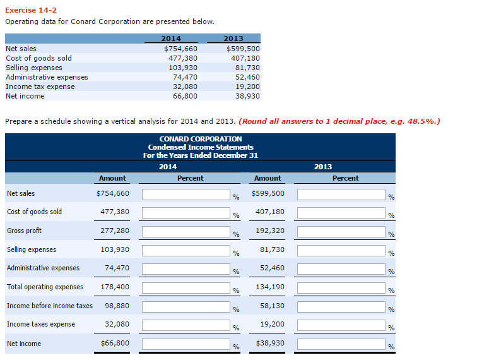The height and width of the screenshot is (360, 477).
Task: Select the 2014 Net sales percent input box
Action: [185, 195]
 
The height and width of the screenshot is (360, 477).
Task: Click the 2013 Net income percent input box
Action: [341, 344]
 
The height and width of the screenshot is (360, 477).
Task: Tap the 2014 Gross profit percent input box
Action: [185, 232]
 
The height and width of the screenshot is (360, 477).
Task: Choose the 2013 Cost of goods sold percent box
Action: [341, 213]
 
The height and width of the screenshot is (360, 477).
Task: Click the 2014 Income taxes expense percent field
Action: [185, 325]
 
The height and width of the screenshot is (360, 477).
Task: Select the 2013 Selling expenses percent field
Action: [341, 251]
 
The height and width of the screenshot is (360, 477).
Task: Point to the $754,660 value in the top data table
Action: [180, 49]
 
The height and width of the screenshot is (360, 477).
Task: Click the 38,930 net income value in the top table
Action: [244, 96]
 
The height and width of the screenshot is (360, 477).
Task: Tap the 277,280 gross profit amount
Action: [115, 231]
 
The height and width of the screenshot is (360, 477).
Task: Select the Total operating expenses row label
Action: [45, 287]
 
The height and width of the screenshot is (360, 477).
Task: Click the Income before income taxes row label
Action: [49, 306]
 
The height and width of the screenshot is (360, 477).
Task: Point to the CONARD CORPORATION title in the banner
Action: [200, 139]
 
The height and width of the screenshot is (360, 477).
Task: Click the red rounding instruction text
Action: [340, 121]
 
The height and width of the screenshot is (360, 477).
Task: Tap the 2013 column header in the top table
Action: [233, 39]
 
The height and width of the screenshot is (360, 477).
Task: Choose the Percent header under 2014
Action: [190, 178]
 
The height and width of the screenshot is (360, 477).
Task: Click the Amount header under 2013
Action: [268, 178]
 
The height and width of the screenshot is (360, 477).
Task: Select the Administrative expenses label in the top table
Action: [47, 77]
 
